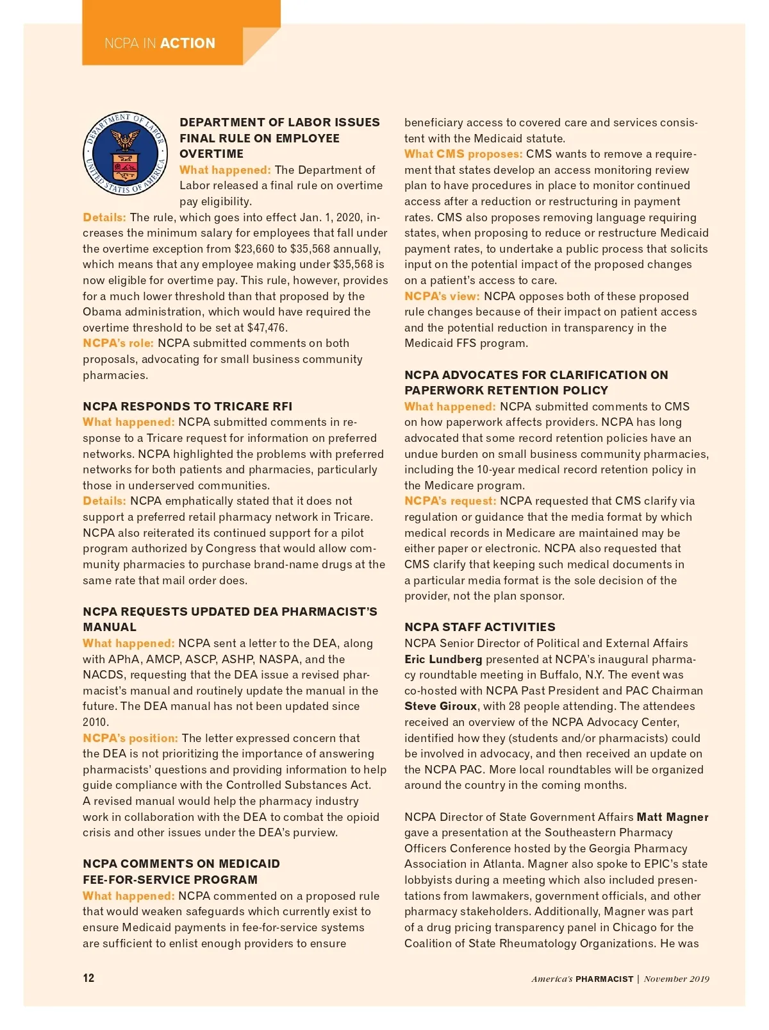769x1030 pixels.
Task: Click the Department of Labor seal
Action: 126,153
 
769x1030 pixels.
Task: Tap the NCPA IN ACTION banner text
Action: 160,44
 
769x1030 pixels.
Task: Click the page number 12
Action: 88,978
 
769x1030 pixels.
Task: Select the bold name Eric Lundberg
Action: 443,659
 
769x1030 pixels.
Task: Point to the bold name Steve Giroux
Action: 440,706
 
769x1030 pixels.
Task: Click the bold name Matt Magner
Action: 672,817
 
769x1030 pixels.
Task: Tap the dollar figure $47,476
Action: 267,328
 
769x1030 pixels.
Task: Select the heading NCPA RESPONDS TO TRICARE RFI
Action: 187,407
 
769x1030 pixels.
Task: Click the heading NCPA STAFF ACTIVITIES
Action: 479,627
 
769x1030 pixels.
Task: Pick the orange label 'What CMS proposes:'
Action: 463,154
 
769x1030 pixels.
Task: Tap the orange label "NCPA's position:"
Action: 130,738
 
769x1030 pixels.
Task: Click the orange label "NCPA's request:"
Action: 450,501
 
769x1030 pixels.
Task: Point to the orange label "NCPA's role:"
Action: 118,343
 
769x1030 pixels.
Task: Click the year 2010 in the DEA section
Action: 95,722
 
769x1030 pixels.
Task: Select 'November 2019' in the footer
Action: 676,979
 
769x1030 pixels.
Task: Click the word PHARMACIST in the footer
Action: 604,979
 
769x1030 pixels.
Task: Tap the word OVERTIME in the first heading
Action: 211,154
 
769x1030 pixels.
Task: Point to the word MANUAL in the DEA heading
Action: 110,627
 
